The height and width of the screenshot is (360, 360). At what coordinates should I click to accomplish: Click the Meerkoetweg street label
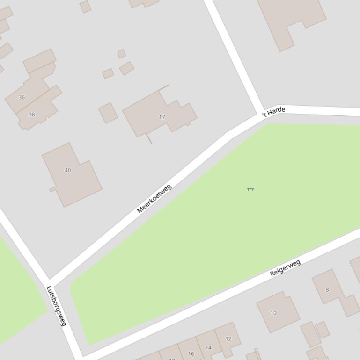pos(154,199)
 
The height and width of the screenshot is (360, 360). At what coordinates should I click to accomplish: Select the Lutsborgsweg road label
pos(57,306)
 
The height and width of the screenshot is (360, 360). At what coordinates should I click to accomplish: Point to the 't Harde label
pos(274,112)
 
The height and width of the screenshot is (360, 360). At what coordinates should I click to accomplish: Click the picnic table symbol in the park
pos(250,189)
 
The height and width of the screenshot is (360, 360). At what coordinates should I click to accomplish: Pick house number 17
pos(162,117)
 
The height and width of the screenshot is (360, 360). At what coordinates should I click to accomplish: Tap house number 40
pos(68,170)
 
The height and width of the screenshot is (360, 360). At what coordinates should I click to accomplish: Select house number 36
pos(22,97)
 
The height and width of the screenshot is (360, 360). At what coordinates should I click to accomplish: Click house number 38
pos(32,114)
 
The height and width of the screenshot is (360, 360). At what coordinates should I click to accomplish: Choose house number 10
pos(273,313)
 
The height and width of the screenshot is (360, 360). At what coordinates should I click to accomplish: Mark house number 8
pos(327,290)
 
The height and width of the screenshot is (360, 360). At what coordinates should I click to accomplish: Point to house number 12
pos(228,339)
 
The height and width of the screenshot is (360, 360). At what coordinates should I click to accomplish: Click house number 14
pos(208,347)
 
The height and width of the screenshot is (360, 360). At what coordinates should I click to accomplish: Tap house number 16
pos(191,354)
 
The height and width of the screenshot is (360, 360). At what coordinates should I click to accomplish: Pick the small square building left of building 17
pos(108,113)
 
